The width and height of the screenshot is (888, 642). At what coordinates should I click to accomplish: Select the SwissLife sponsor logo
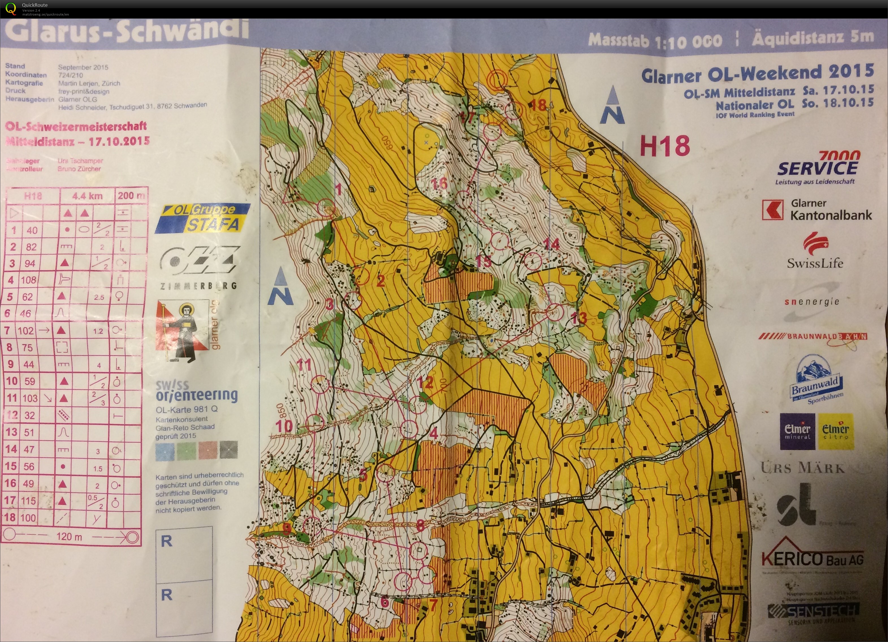pyautogui.click(x=815, y=250)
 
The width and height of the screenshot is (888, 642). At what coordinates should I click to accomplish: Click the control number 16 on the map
pyautogui.click(x=438, y=183)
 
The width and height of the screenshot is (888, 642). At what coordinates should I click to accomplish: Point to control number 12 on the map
pyautogui.click(x=425, y=382)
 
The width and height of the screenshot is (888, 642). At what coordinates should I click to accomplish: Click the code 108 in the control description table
pyautogui.click(x=29, y=280)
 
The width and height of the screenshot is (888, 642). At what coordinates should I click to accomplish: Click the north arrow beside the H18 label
pyautogui.click(x=612, y=106)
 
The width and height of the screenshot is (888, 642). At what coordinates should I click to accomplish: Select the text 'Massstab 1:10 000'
pyautogui.click(x=655, y=40)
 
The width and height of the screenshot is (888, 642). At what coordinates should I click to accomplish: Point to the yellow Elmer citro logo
pyautogui.click(x=835, y=431)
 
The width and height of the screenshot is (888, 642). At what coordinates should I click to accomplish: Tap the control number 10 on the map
pyautogui.click(x=284, y=426)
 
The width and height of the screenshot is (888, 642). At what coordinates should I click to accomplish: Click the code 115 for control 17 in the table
pyautogui.click(x=28, y=500)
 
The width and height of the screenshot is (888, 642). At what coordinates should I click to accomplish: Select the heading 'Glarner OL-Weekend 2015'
pyautogui.click(x=757, y=73)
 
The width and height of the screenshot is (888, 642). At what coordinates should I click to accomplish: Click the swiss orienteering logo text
pyautogui.click(x=196, y=391)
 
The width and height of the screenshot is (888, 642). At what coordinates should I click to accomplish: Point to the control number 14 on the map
pyautogui.click(x=551, y=245)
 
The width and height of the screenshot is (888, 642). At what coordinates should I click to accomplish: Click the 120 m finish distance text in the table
pyautogui.click(x=69, y=536)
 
